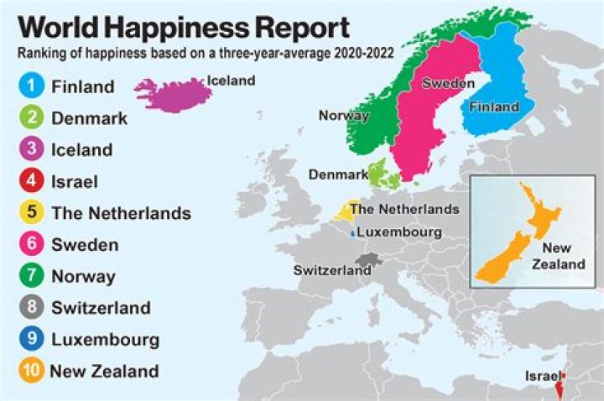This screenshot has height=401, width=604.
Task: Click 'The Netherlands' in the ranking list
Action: (121, 213)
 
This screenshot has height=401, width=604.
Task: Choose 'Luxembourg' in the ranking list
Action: (105, 340)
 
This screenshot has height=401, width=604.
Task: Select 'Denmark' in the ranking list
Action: (89, 118)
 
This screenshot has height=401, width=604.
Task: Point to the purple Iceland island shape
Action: (172, 94)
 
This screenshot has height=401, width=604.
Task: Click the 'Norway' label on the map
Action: (343, 116)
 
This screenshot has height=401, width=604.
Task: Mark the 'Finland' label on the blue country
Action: (494, 107)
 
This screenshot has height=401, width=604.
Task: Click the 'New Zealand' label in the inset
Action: (563, 255)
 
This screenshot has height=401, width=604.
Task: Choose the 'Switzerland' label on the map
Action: (331, 270)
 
